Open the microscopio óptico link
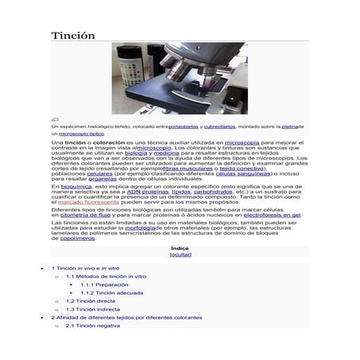click(87, 134)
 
